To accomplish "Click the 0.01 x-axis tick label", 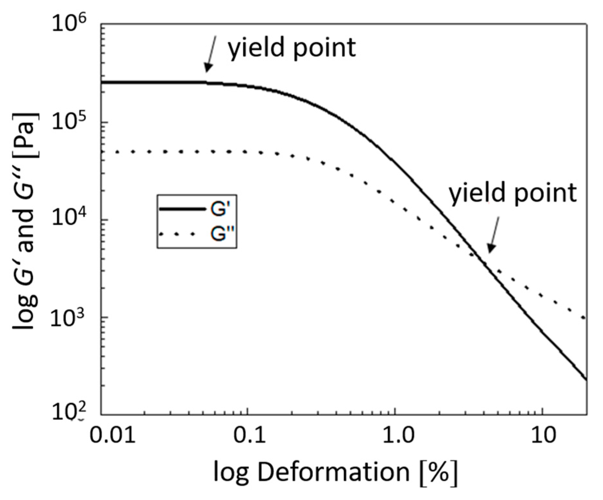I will pos(112,435).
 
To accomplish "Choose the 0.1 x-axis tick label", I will pos(249,435).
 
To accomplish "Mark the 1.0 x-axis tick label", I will pos(396,435).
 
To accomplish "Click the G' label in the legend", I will pos(220,209).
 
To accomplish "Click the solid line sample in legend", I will pos(182,209).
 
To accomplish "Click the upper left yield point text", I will pos(292,47).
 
